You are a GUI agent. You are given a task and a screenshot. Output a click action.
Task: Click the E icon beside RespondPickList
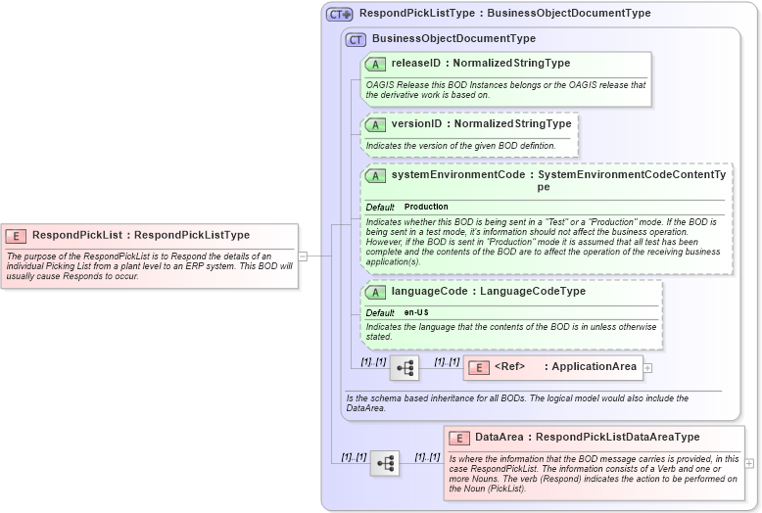tap(16, 235)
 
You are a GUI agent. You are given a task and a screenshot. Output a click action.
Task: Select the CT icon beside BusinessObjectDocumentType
tap(356, 39)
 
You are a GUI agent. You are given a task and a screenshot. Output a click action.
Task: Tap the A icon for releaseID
tap(375, 64)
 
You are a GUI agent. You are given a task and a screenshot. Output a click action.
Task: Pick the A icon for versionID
tap(375, 124)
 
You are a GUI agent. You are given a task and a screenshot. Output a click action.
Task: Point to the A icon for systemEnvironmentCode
tap(375, 175)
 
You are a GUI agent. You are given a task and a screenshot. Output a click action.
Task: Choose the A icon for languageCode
tap(375, 292)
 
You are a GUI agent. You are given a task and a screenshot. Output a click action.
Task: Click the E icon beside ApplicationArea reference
tap(479, 367)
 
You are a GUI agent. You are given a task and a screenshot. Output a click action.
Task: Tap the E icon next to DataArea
tap(458, 438)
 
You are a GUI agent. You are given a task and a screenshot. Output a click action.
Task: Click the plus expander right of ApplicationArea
tap(647, 368)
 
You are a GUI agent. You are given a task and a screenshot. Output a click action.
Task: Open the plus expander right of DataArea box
tap(749, 463)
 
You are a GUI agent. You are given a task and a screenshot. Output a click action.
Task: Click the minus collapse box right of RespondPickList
tap(303, 256)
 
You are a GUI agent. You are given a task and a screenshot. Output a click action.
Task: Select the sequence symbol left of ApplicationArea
tap(405, 368)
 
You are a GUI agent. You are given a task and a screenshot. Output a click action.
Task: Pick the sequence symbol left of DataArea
tap(385, 463)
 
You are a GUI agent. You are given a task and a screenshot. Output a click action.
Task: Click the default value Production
tap(426, 207)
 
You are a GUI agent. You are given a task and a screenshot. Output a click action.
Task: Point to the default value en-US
tap(418, 312)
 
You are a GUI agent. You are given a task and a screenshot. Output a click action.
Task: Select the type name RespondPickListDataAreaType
tap(617, 438)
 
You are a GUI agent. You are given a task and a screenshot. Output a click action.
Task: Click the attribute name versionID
tap(416, 124)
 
